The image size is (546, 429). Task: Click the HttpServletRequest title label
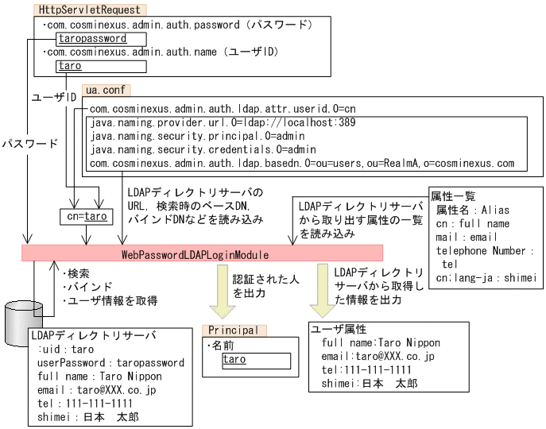pos(89,10)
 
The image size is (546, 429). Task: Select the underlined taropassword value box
pos(91,38)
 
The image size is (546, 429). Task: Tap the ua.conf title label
pos(103,91)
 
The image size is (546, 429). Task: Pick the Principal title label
pos(235,330)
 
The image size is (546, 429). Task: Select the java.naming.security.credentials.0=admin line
pos(203,149)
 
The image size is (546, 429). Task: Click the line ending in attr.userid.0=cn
pos(222,108)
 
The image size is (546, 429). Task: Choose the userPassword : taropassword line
pos(110,362)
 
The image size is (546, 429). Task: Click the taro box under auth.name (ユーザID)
pos(69,67)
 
